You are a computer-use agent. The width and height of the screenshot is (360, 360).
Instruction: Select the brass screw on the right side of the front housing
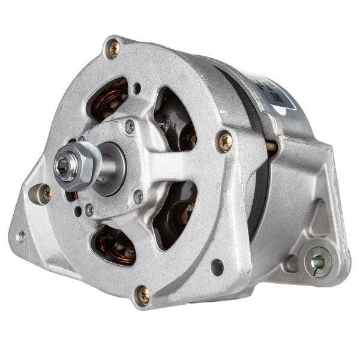pyautogui.click(x=225, y=141)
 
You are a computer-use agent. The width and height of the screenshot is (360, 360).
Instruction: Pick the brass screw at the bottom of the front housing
pyautogui.click(x=143, y=293)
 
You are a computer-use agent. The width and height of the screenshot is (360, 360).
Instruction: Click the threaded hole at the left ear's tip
pyautogui.click(x=22, y=236)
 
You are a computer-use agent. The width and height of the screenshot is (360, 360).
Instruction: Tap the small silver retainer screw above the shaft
pyautogui.click(x=130, y=126)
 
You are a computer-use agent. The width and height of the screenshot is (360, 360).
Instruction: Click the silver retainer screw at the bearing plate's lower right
pyautogui.click(x=139, y=196)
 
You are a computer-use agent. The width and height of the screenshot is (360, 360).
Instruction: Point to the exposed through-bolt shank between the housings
pyautogui.click(x=272, y=146)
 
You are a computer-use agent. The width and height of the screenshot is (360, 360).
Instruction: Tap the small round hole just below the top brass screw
pyautogui.click(x=137, y=89)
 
